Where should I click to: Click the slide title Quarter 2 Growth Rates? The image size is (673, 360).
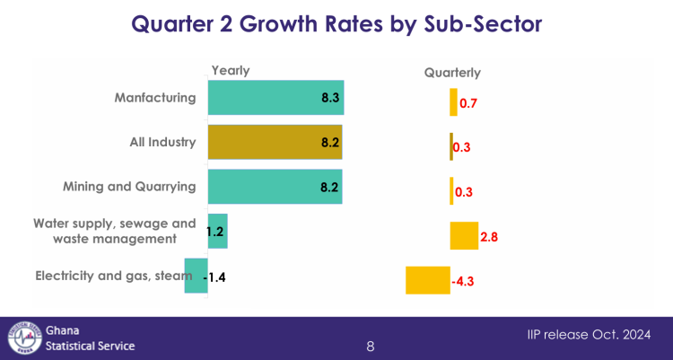pos(336,24)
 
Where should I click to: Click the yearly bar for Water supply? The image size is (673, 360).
pos(217,231)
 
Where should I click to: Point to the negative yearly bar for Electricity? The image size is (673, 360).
pos(196,276)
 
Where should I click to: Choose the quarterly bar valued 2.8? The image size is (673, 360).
pos(463,236)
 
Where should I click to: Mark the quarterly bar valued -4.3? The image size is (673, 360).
pos(427,280)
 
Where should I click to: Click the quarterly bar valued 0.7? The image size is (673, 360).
pos(453,103)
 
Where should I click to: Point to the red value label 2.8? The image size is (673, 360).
pos(489,237)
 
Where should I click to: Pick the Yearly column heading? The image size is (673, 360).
pos(230,71)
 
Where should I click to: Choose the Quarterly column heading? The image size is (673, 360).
pos(452,73)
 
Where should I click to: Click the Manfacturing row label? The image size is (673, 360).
pos(154,98)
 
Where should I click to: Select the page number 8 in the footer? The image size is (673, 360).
pos(371,347)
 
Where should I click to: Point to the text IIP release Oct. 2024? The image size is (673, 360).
pos(589,335)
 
